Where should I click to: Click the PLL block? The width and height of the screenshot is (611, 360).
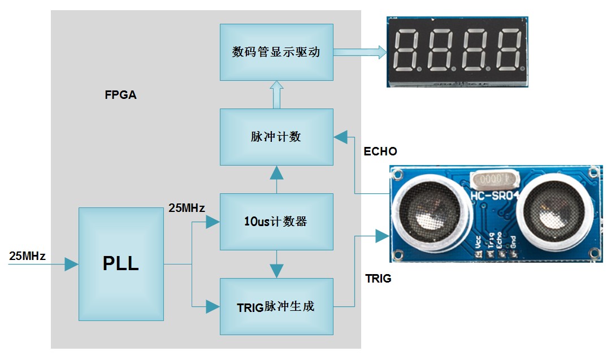121,264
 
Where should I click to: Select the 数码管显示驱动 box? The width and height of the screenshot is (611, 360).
276,51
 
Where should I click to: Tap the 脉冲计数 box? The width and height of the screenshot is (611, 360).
276,137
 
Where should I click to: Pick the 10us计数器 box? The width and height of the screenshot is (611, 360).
276,222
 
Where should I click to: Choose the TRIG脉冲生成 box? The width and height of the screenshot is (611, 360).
276,306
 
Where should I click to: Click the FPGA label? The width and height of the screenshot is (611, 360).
120,95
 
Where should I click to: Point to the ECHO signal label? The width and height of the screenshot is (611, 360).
380,151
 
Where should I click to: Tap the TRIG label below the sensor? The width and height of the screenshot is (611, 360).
378,279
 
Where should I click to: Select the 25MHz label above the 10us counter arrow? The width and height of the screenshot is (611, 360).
187,208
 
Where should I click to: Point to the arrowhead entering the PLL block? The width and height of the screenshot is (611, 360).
71,264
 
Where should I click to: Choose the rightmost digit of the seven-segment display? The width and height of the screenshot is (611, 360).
506,50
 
